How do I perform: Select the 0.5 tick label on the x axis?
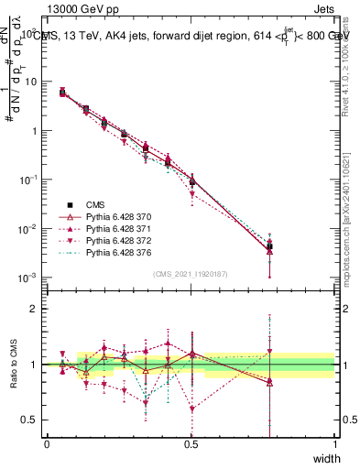pyautogui.click(x=191, y=444)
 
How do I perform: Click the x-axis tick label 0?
pyautogui.click(x=47, y=444)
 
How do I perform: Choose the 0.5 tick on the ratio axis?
pyautogui.click(x=27, y=420)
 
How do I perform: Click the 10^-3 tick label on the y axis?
pyautogui.click(x=27, y=278)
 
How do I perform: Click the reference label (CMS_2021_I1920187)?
pyautogui.click(x=190, y=274)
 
